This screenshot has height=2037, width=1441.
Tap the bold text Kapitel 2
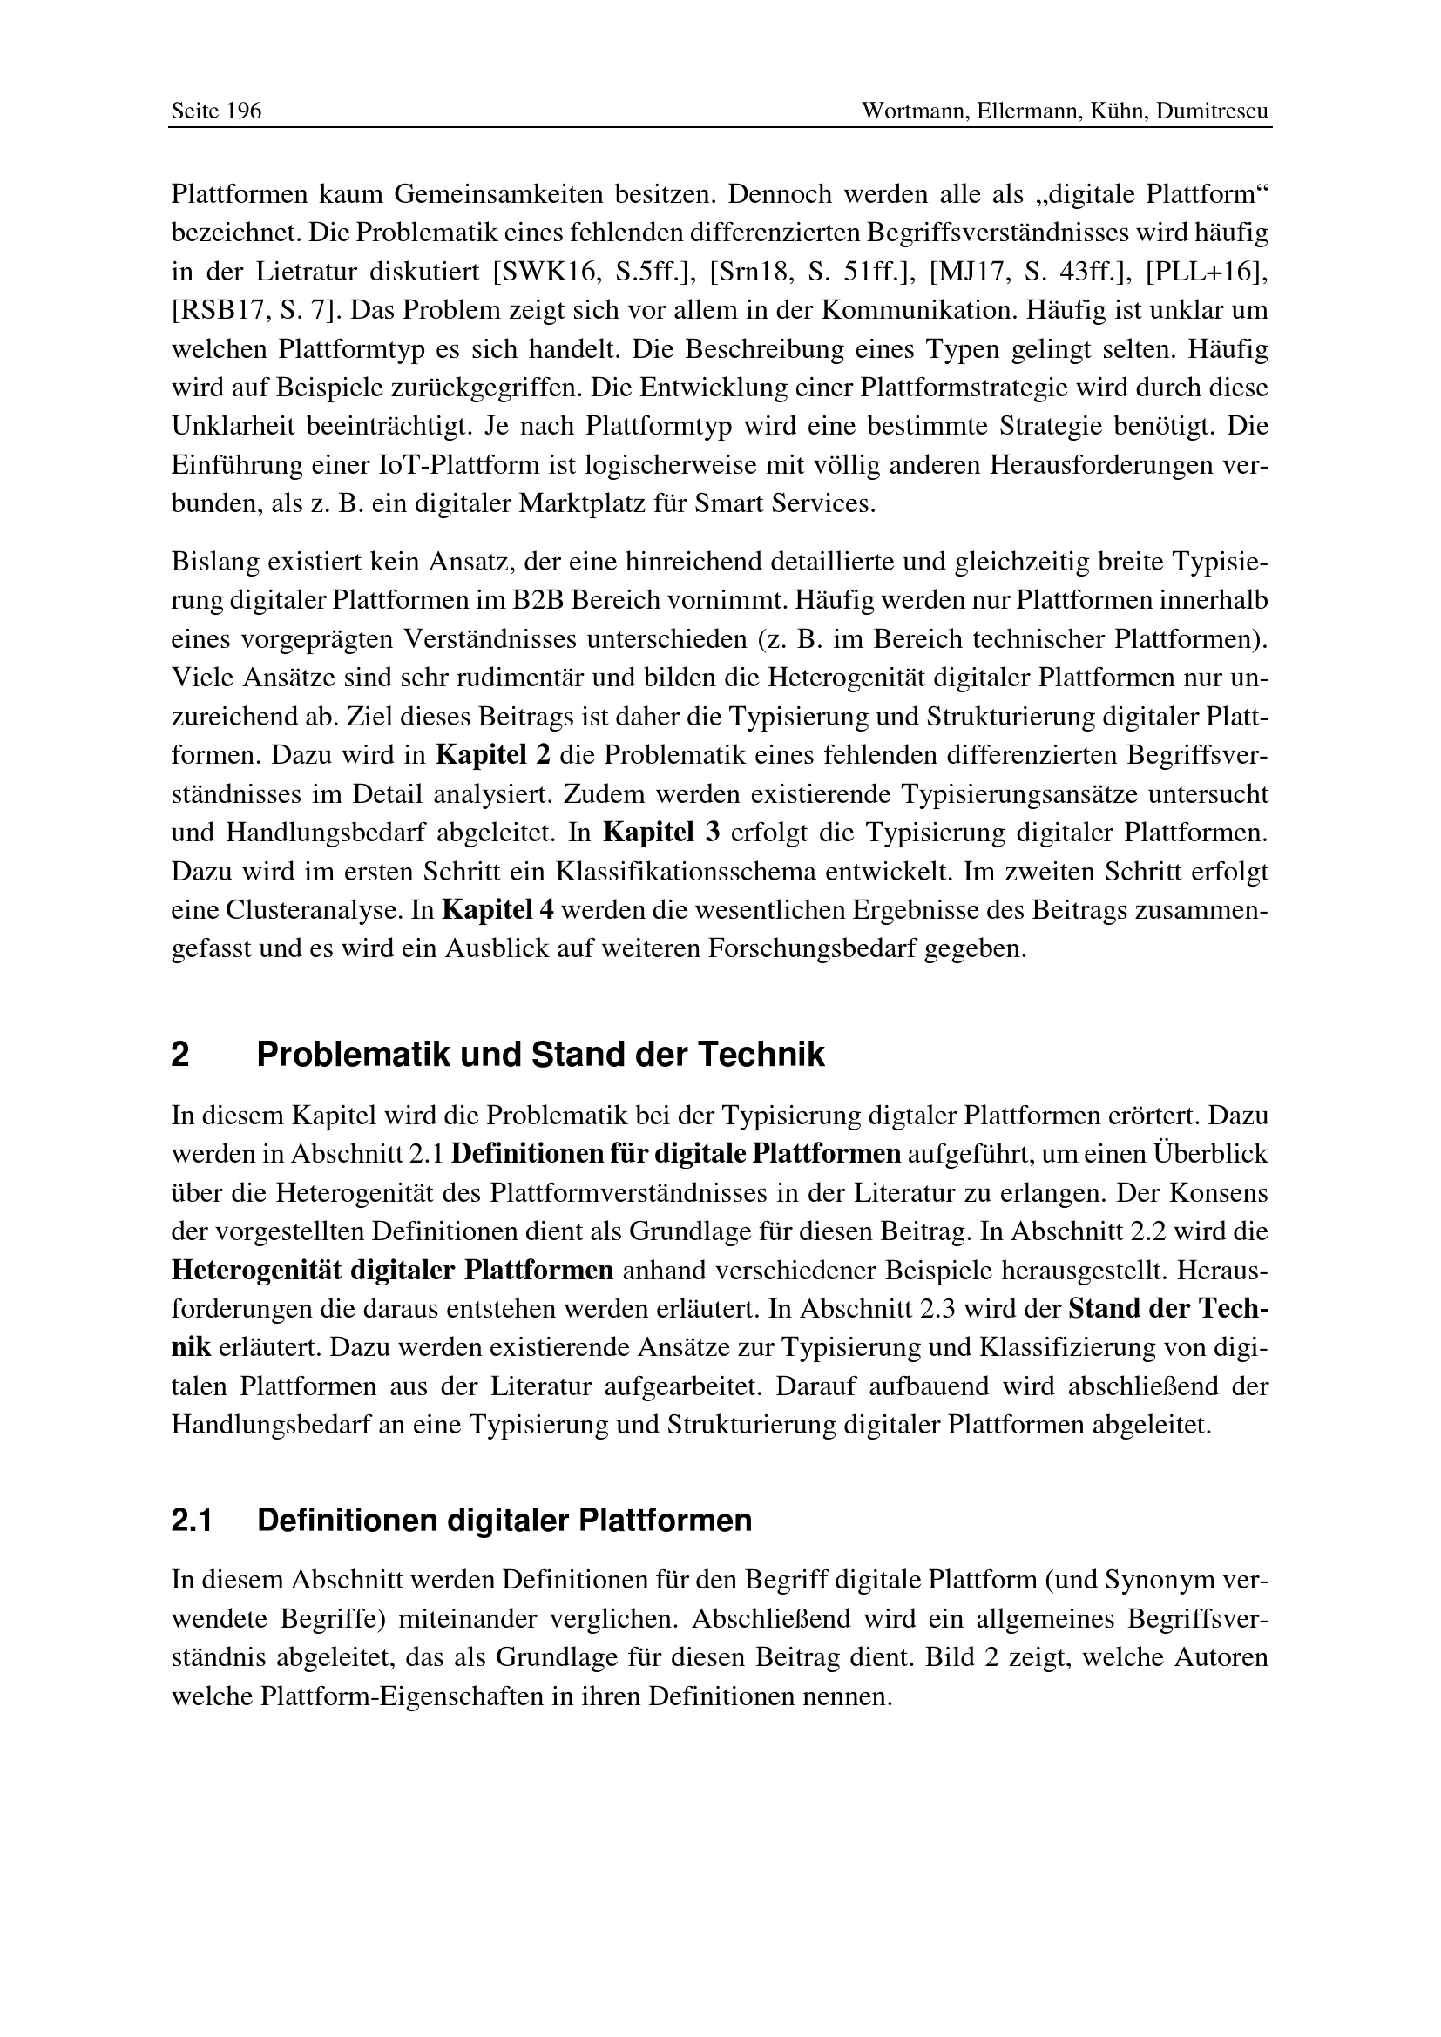494,756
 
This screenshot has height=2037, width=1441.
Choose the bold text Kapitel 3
661,833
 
